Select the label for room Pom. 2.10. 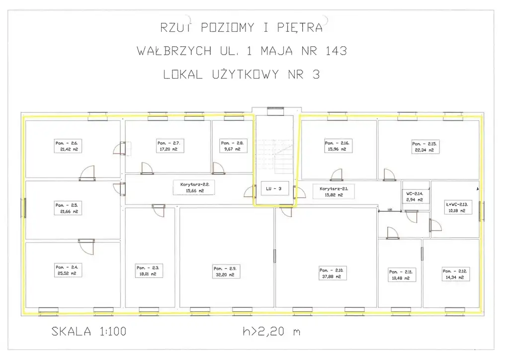coord(333,273)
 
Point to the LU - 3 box coord(274,189)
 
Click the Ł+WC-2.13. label coord(455,207)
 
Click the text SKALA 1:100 coord(89,332)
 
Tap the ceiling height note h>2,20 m coord(269,332)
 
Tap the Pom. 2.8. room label coord(230,146)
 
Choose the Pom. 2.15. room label coord(425,146)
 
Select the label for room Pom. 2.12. coord(455,274)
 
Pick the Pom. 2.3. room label coord(150,270)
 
